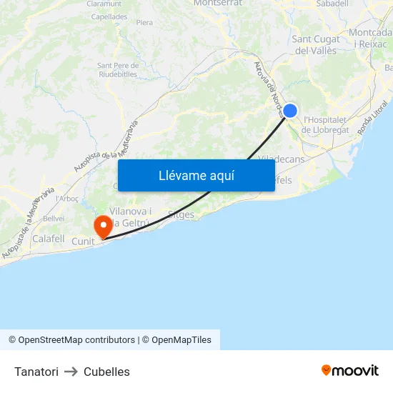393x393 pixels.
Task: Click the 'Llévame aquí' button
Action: point(196,175)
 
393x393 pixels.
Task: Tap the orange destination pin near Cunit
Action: point(103,227)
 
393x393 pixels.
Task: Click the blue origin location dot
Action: point(290,111)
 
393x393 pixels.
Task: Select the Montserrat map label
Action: point(217,4)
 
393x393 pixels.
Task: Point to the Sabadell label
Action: point(332,4)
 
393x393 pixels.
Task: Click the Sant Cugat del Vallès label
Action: point(315,44)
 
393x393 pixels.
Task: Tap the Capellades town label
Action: point(109,16)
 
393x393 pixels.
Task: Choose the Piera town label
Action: point(144,23)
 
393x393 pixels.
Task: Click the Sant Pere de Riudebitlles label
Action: point(117,69)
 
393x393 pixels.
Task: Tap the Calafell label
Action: point(49,239)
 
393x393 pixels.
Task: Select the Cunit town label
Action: point(83,242)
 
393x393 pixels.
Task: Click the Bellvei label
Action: point(54,218)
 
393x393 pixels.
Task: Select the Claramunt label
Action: point(104,4)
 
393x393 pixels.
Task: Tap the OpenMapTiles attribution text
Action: point(181,340)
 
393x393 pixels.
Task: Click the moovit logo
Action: point(350,371)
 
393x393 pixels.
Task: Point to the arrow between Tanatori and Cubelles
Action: point(71,372)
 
